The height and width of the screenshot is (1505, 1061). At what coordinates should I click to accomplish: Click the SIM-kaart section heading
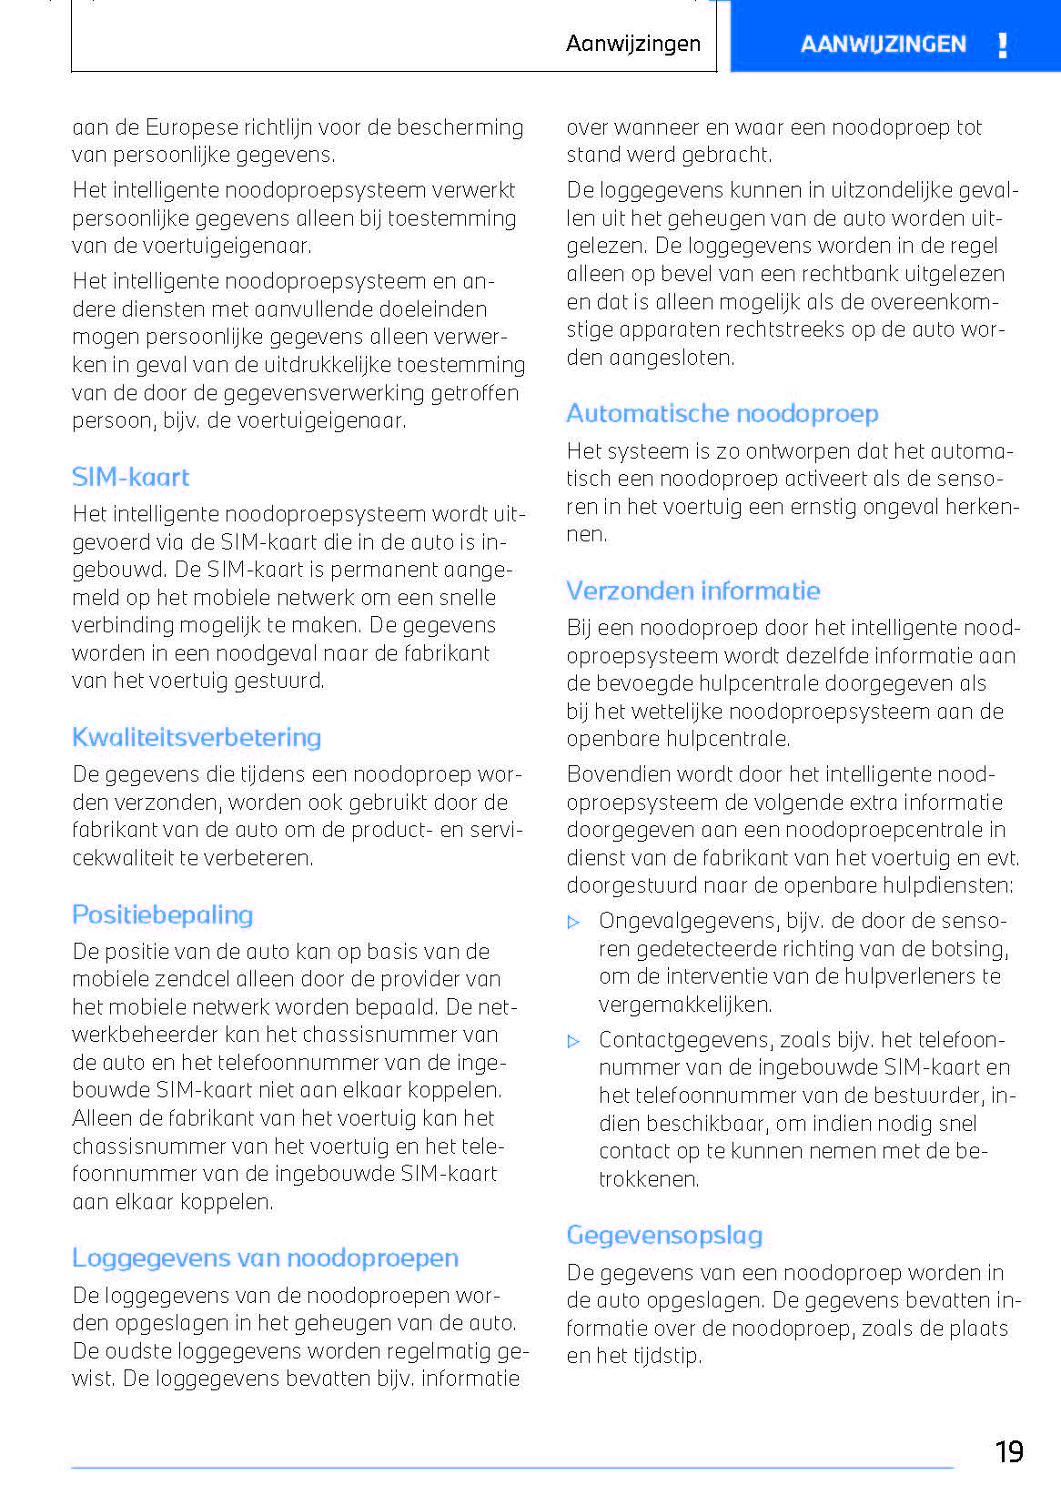click(130, 478)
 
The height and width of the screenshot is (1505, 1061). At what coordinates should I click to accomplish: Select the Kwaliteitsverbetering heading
click(197, 738)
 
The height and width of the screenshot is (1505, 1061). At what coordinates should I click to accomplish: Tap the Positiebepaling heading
click(162, 915)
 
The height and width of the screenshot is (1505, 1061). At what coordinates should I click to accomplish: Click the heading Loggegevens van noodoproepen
click(265, 1258)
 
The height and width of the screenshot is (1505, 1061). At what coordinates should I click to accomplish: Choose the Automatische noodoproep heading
click(722, 414)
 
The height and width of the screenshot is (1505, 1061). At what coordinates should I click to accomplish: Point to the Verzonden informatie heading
click(692, 591)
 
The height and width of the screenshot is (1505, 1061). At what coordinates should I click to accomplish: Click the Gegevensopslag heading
click(664, 1236)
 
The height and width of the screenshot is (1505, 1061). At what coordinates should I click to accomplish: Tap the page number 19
click(1008, 1451)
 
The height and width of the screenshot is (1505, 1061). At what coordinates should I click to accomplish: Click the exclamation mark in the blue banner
click(1002, 45)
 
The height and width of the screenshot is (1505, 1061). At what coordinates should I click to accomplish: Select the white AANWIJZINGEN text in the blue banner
click(883, 45)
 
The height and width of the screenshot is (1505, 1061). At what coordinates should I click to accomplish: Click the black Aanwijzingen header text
click(632, 44)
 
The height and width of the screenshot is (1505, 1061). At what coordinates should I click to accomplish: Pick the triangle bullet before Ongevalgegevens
click(573, 923)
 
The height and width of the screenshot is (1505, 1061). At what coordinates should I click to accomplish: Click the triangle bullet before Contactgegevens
click(573, 1042)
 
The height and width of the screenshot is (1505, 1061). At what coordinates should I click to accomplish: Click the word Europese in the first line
click(189, 127)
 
